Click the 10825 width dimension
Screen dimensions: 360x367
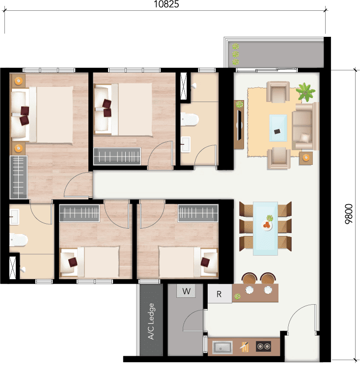point(166,4)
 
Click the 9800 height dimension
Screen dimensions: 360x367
point(349,214)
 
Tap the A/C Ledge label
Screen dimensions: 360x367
point(151,321)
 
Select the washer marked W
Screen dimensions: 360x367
point(186,291)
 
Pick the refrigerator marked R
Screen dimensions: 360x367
point(220,294)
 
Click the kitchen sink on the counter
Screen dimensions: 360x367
point(222,347)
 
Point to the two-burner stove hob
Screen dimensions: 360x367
point(264,346)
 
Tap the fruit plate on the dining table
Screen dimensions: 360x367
point(267,225)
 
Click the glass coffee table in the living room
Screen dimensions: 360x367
point(278,128)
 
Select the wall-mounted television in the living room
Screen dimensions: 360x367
point(239,125)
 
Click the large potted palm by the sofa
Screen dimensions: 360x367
point(305,92)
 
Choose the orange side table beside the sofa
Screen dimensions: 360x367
point(306,158)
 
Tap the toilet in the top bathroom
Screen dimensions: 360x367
point(190,119)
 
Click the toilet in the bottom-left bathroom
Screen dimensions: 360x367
point(19,240)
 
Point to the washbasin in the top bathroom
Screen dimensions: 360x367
point(185,144)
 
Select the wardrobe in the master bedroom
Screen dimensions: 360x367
point(19,178)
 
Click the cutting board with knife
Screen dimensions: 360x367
point(244,346)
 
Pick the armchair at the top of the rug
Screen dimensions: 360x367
point(278,92)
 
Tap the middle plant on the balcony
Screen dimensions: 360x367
point(235,54)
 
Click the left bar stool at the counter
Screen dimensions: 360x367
point(249,279)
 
